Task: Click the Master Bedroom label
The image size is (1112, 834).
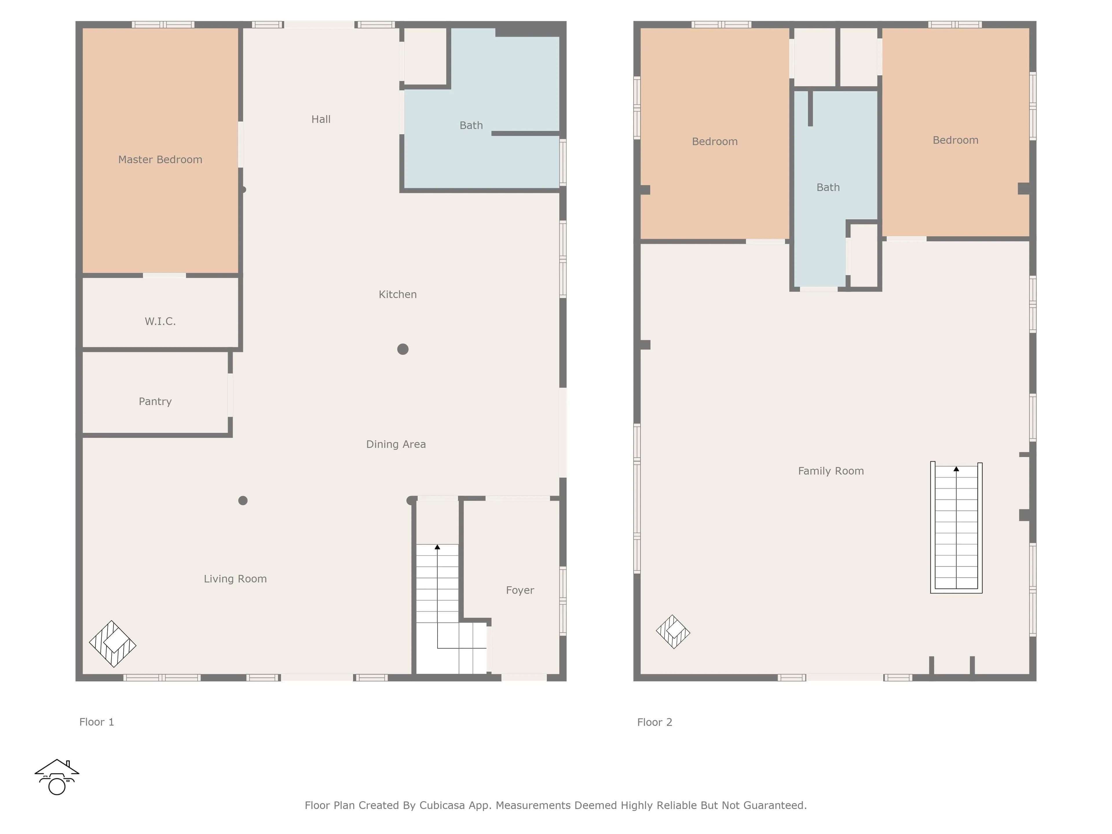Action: (160, 159)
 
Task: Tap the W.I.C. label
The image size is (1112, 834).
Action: (160, 321)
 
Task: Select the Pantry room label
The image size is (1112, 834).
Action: (155, 401)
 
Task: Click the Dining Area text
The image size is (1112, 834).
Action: (396, 444)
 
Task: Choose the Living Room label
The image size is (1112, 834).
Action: (235, 579)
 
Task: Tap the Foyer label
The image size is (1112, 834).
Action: (520, 590)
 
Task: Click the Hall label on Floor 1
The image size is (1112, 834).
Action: (321, 119)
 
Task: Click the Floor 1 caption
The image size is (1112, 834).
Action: (96, 722)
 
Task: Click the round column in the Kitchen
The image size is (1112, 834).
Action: (403, 349)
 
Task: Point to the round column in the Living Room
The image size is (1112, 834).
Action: (243, 500)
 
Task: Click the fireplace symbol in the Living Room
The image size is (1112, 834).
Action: (113, 644)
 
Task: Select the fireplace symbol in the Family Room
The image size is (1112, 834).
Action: (673, 632)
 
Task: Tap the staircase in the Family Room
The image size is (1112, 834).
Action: (956, 527)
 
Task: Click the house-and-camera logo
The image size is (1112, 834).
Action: (57, 777)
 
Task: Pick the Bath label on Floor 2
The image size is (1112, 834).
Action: (828, 187)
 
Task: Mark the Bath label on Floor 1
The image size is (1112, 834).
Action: (471, 125)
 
